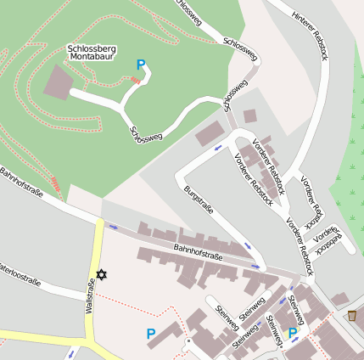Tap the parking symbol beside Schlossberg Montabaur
coord(141,64)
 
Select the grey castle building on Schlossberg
coord(59,82)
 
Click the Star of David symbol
coord(103,275)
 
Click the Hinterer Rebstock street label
coord(307,31)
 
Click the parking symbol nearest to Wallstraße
coord(150,334)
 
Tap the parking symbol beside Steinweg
coord(293,332)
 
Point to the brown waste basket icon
coord(351,316)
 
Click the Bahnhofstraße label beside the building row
coord(198,250)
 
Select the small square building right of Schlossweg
coord(249,115)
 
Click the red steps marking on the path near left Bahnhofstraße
coord(56,182)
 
